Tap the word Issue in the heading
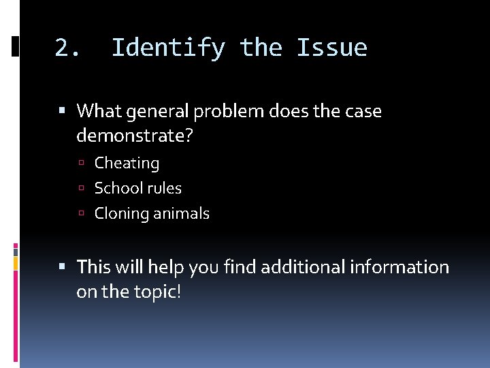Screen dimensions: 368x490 (x=331, y=48)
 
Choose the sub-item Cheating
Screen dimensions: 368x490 (x=127, y=164)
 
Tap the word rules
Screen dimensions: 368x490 (x=163, y=188)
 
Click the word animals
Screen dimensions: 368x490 (x=181, y=214)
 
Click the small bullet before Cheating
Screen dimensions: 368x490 (x=81, y=164)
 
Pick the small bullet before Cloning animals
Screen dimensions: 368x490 (x=81, y=214)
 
